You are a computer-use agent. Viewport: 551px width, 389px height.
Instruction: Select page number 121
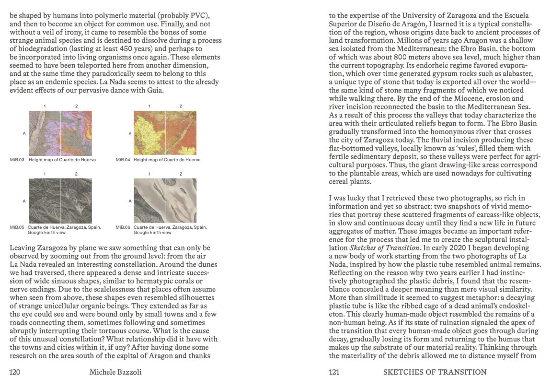tap(333, 372)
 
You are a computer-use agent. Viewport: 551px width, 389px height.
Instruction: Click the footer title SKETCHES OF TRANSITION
tap(435, 372)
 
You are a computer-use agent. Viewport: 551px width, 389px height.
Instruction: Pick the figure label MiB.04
tap(122, 160)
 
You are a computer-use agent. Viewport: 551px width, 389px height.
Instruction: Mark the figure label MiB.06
tap(122, 227)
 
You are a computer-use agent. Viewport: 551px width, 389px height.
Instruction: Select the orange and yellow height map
tap(165, 133)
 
